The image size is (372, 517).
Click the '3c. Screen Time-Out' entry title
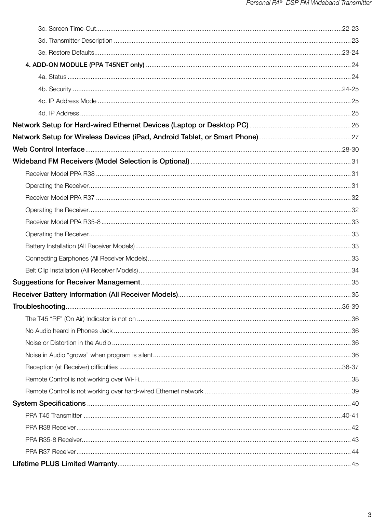67,28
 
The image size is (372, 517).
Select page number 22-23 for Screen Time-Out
350,28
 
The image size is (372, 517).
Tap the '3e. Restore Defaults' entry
66,53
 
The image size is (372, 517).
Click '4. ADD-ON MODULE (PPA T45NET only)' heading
85,65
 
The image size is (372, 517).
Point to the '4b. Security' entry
55,89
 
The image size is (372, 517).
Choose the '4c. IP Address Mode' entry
67,101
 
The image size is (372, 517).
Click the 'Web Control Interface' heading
49,149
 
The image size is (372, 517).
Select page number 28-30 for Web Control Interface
350,150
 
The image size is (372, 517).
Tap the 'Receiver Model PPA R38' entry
60,174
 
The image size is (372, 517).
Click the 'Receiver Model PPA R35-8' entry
63,222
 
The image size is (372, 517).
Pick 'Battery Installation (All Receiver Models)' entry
80,246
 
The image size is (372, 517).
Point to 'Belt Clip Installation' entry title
82,270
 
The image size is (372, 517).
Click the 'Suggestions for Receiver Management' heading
76,282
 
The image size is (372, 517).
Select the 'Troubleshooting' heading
39,306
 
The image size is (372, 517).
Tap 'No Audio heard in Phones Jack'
69,331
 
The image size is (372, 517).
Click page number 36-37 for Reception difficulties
350,367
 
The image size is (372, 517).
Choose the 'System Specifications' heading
49,403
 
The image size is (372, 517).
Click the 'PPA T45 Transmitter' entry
54,416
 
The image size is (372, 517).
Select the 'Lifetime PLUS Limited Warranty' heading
65,464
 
